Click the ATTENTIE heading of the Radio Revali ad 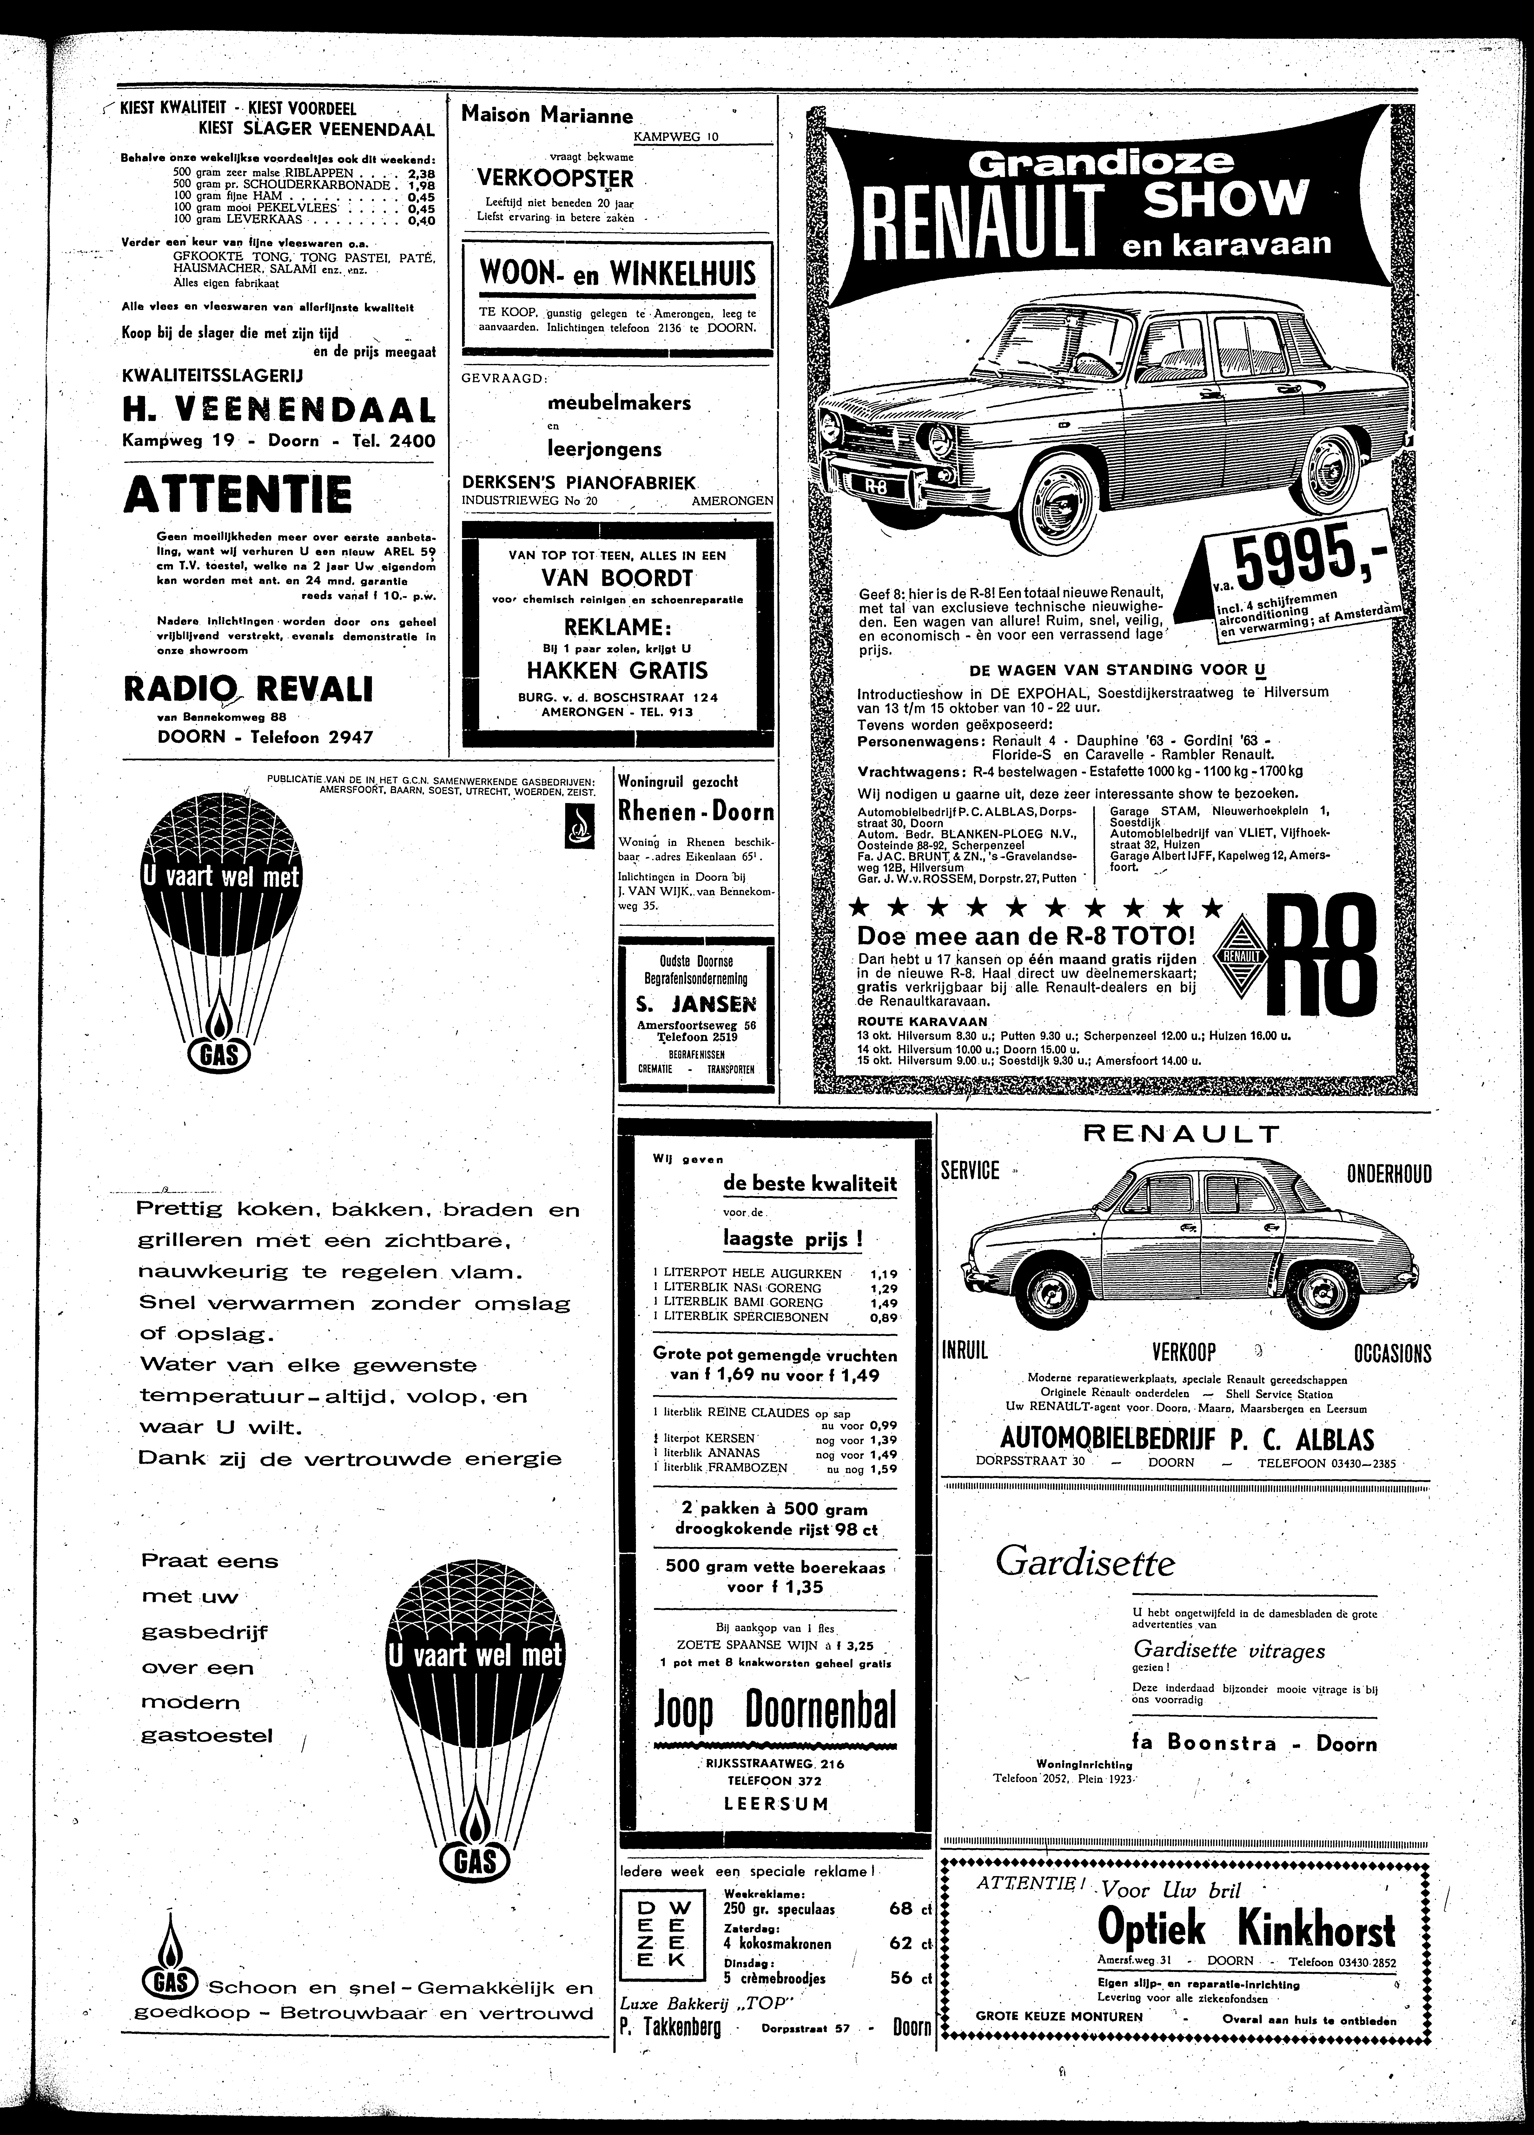[x=237, y=494]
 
